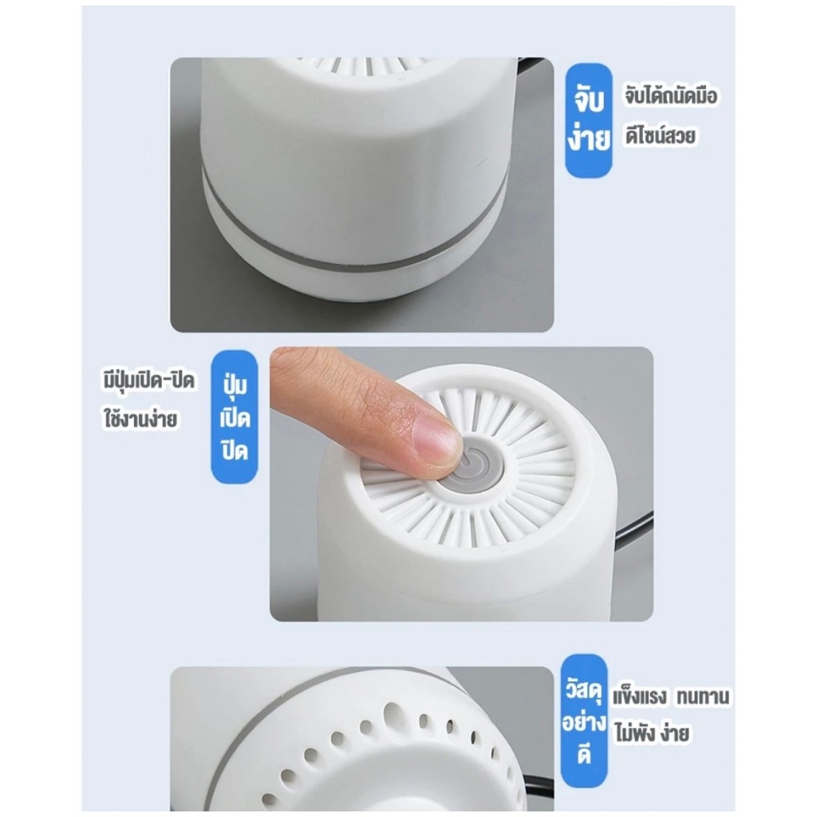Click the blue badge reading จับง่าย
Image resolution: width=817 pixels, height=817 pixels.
tap(589, 120)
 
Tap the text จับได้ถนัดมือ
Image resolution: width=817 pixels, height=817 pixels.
tap(671, 96)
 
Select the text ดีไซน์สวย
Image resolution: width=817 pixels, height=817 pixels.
tap(660, 135)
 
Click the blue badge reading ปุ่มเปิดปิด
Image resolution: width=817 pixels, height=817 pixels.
tap(235, 416)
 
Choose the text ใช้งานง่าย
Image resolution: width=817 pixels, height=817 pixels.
tap(140, 419)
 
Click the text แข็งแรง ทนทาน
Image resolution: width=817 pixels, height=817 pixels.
tap(671, 696)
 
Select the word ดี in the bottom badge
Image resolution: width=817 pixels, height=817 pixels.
tap(585, 755)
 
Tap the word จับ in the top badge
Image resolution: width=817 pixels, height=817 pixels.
tap(589, 100)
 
